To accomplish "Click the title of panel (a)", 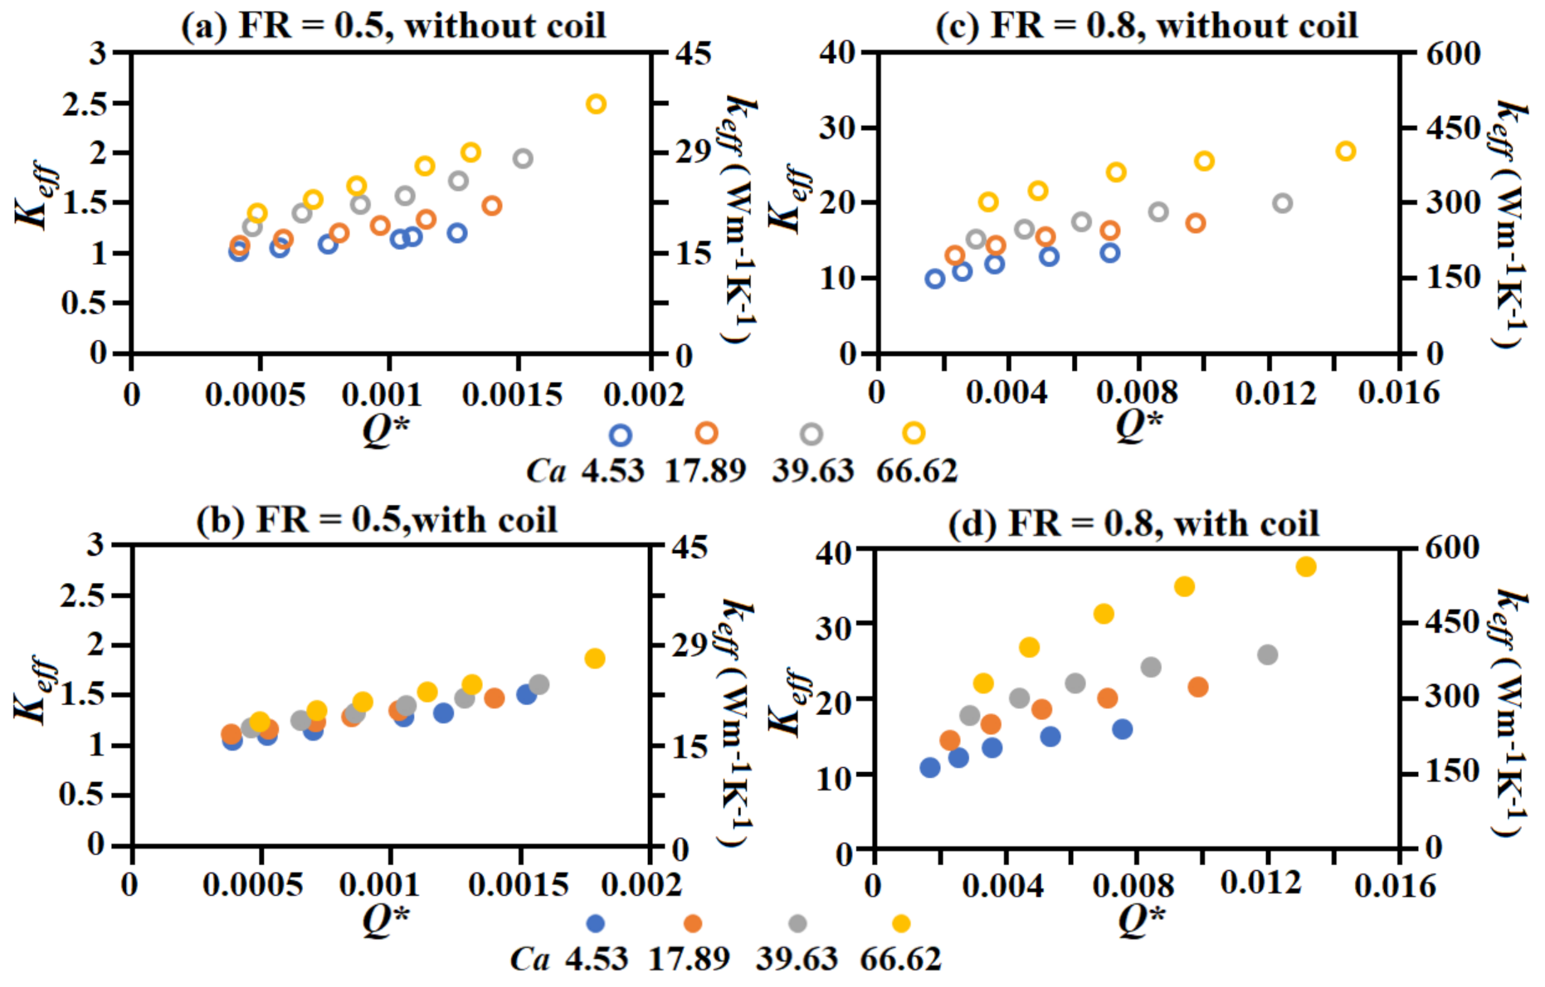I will tap(393, 25).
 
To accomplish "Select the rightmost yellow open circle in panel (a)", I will tap(596, 105).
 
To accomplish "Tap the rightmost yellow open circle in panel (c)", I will tap(1346, 151).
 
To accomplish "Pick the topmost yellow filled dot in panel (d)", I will tap(1306, 567).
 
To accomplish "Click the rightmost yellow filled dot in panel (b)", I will tap(594, 659).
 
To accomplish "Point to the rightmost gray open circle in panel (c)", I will tap(1283, 203).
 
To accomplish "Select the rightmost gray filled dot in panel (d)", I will tap(1267, 655).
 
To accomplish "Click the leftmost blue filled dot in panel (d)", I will tap(930, 768).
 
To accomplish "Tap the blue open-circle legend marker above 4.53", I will tap(620, 435).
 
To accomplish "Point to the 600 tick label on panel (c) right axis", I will tap(1453, 54).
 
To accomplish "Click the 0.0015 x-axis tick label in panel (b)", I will tap(519, 886).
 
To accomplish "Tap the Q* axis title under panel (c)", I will tap(1138, 425).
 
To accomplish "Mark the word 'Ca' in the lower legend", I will tap(529, 960).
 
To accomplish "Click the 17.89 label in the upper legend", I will tap(705, 471).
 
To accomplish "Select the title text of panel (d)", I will tap(1133, 524).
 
